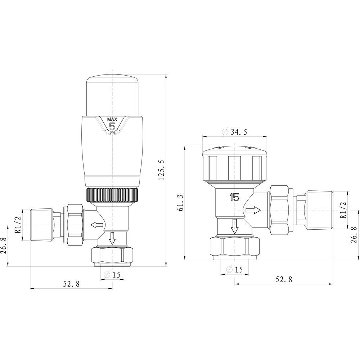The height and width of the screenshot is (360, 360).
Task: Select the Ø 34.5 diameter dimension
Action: click(x=235, y=132)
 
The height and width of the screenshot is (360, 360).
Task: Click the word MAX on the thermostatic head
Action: click(x=112, y=119)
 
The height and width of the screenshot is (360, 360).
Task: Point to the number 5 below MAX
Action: click(x=112, y=126)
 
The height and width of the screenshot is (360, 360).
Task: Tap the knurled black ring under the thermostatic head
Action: click(x=112, y=194)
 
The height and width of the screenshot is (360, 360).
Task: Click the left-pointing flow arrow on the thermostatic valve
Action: click(x=96, y=225)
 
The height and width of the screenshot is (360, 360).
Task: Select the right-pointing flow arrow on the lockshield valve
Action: click(x=253, y=210)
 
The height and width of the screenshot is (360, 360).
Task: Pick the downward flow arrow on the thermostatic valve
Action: click(x=112, y=238)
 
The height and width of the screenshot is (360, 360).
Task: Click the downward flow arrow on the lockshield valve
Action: click(x=235, y=226)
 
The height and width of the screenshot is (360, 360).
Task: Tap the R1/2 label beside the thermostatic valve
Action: click(x=17, y=225)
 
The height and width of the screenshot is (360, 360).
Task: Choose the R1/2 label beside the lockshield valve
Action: click(x=343, y=210)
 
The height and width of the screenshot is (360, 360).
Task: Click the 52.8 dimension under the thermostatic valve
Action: click(x=71, y=284)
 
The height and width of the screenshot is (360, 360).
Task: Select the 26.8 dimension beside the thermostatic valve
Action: click(x=3, y=245)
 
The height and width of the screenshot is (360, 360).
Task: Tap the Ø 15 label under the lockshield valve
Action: click(x=234, y=270)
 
